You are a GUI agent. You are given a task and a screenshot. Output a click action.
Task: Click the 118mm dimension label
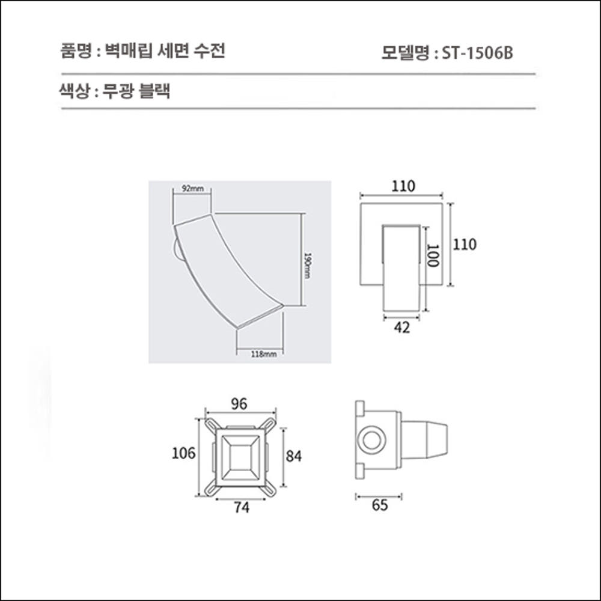(263, 354)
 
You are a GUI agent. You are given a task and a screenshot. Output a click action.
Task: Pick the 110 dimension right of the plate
(465, 245)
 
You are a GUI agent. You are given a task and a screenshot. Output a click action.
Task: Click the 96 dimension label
(239, 404)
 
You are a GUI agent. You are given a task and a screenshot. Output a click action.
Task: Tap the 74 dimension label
(241, 508)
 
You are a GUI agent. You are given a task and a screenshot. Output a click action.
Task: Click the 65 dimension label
(380, 505)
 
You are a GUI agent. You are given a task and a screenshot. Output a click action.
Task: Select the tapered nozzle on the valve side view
(426, 440)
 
